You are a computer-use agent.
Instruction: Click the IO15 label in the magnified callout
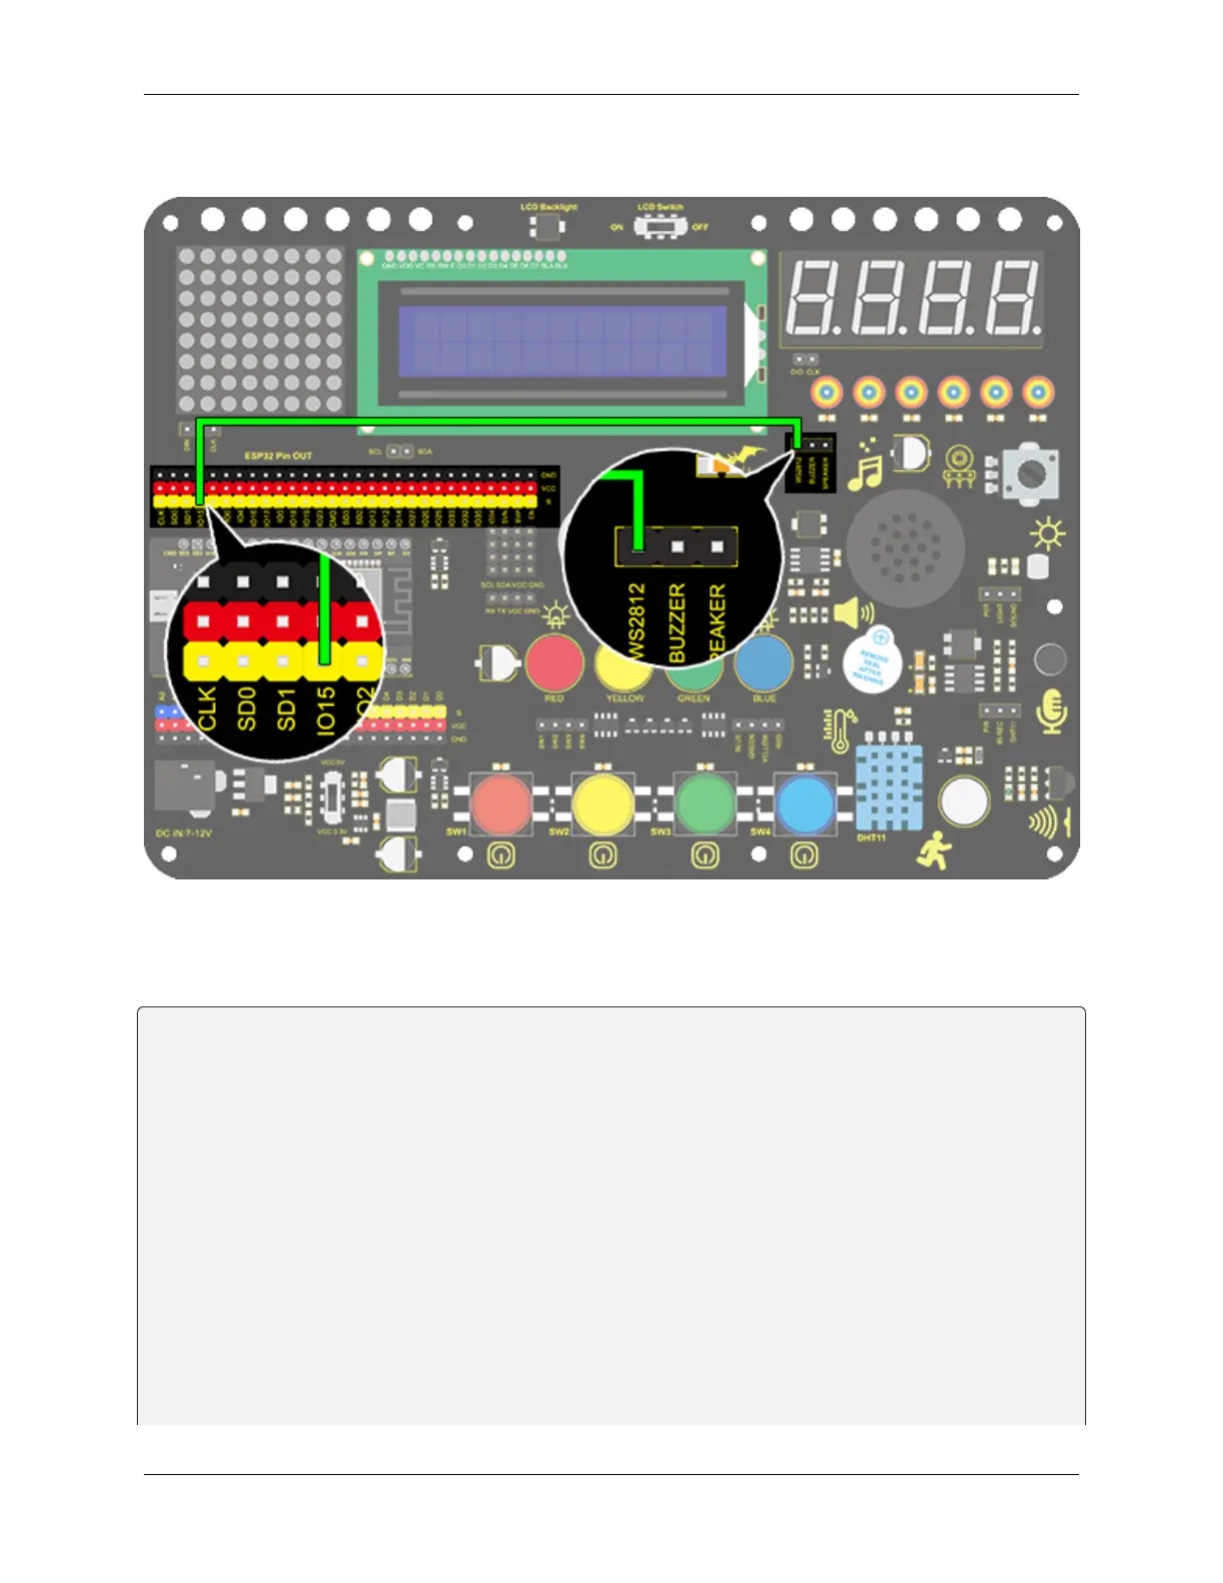coord(326,710)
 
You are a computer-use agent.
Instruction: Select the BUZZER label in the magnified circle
coord(676,624)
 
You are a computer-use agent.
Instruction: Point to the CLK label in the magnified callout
coord(207,708)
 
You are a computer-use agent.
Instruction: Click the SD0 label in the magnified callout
coord(247,708)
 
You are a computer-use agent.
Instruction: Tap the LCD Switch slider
coord(659,227)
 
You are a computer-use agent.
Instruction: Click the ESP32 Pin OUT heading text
coord(279,456)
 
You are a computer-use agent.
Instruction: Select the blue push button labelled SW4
coord(805,804)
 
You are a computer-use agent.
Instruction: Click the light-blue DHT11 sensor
coord(888,788)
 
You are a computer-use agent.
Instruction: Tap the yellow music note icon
coord(864,466)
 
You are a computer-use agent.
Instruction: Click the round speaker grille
coord(905,548)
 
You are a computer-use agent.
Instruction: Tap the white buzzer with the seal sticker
coord(870,662)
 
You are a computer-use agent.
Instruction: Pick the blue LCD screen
coord(562,340)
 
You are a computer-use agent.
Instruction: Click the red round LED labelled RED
coord(555,662)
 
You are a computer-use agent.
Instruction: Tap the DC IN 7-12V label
coord(184,832)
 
